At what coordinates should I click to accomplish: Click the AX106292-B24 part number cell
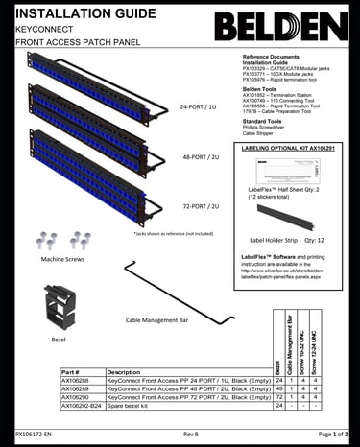coord(82,406)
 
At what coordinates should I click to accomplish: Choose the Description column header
coord(124,372)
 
